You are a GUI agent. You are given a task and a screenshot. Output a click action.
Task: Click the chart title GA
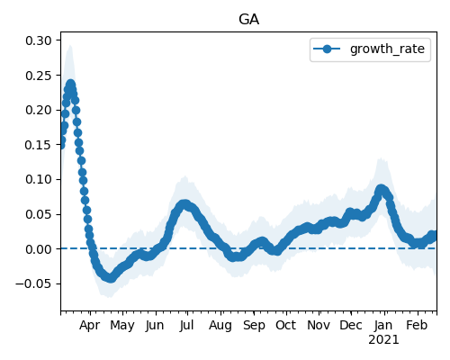coord(248,20)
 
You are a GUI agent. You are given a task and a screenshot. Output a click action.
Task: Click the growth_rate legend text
coord(387,49)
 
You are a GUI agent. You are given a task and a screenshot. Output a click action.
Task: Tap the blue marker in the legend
coord(327,49)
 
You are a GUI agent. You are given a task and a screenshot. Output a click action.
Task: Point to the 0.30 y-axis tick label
coord(39,40)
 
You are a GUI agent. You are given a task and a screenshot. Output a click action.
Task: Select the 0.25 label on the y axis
coord(39,76)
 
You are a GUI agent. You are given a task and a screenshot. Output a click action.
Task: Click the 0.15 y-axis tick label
coord(39,145)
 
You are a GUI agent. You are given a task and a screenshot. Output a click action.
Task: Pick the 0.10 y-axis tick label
coord(39,179)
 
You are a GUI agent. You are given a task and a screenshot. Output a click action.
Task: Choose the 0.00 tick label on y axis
coord(39,249)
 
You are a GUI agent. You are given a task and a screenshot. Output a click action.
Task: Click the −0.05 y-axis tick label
coord(34,283)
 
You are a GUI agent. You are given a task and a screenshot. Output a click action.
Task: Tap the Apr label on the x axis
coord(90,326)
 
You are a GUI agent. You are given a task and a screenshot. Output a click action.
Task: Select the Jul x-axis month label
coord(186,325)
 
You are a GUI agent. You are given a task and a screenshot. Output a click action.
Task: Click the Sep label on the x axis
coord(254,326)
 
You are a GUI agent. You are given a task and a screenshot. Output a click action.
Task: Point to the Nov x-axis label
coord(319,325)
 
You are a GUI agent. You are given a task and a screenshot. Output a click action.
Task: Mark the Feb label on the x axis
coord(417,325)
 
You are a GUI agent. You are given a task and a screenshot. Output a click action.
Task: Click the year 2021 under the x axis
coord(383,340)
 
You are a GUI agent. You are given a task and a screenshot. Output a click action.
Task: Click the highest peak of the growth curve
coord(70,85)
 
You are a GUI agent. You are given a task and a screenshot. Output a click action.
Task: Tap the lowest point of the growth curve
coord(111,278)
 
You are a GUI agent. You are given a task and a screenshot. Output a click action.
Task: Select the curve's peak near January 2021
coord(381,190)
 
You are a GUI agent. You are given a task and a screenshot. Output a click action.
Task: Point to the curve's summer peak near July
coord(184,204)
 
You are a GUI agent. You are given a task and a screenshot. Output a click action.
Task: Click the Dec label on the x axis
coord(351,325)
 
